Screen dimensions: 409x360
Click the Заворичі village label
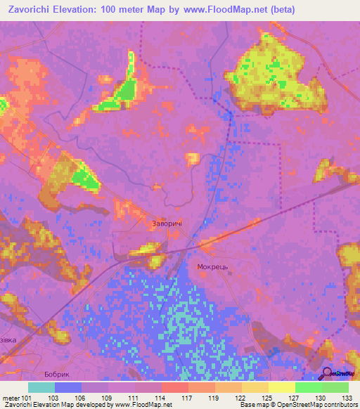[167, 223]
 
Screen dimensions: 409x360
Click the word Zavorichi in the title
[27, 10]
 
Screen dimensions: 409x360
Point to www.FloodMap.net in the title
[222, 10]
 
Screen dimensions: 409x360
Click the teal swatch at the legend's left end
[41, 387]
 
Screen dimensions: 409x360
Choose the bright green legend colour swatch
[308, 387]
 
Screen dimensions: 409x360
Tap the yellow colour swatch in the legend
[281, 387]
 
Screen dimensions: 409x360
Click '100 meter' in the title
[131, 10]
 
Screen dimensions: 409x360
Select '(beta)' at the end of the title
[280, 10]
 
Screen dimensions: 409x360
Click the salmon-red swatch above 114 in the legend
[174, 387]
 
